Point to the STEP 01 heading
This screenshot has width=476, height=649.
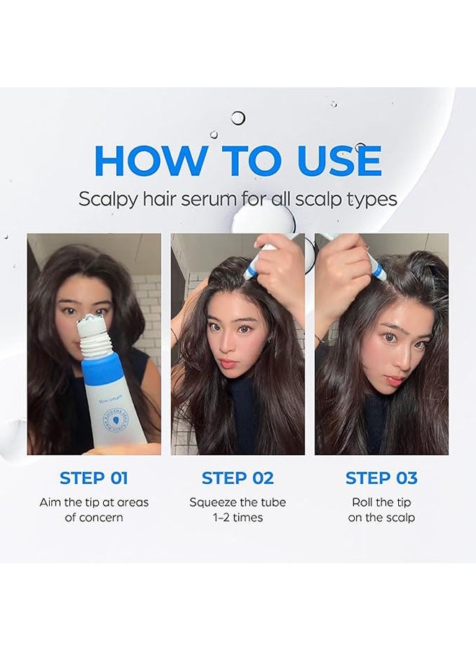point(94,478)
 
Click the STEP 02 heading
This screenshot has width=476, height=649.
point(237,478)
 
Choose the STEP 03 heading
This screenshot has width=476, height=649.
point(382,478)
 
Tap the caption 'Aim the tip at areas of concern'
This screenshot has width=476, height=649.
point(94,510)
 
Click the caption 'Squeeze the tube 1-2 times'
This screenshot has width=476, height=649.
point(237,510)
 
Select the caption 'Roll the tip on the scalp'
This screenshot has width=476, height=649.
point(382,510)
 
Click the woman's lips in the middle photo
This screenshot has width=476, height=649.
point(227,361)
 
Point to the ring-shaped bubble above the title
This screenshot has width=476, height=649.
point(238,118)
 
